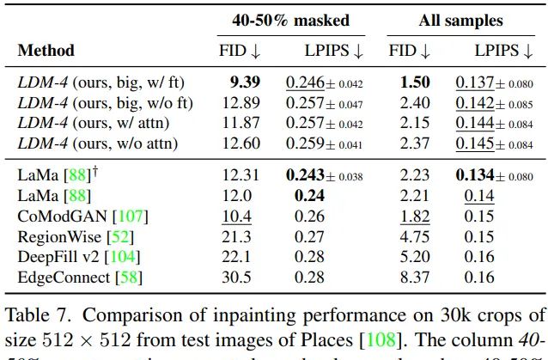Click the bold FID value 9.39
tap(245, 82)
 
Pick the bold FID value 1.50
tap(416, 82)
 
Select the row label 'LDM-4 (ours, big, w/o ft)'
tap(105, 102)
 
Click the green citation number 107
tap(109, 217)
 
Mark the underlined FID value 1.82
tap(416, 217)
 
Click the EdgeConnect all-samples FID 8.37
tap(416, 277)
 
